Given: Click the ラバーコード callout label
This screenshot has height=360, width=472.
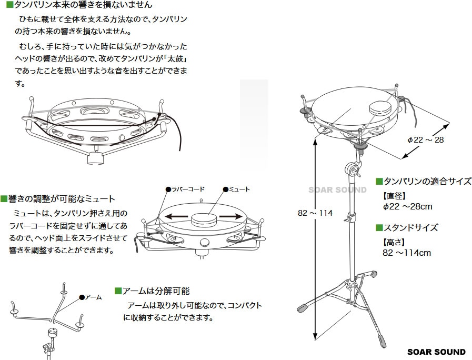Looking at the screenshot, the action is (x=188, y=189).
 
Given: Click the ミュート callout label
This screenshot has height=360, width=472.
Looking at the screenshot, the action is (x=239, y=189).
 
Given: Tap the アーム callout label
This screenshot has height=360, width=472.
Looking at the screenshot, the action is (x=93, y=297).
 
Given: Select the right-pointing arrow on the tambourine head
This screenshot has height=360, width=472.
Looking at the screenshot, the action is (x=231, y=216).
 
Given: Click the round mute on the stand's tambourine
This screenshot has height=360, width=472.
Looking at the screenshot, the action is (x=381, y=108).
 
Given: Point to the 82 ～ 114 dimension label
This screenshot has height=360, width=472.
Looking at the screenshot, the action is (x=315, y=213).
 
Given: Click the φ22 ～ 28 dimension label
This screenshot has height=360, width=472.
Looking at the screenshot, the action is (x=426, y=139).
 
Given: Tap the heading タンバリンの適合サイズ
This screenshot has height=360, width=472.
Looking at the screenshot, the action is (x=427, y=182).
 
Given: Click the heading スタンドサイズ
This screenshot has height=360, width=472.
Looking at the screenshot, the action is (x=410, y=227).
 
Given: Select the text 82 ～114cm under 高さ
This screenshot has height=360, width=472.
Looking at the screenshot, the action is (x=407, y=253).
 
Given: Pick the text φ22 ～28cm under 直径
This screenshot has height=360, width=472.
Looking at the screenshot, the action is (x=408, y=206).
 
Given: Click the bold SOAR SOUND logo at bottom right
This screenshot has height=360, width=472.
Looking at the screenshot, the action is (x=436, y=352).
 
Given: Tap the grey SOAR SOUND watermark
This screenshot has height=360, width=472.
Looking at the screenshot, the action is (x=337, y=190).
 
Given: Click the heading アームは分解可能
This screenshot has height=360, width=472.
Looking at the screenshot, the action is (x=156, y=291).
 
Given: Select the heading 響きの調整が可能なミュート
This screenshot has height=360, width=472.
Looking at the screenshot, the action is (x=62, y=199).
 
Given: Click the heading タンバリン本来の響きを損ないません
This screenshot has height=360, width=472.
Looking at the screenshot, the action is (x=83, y=5).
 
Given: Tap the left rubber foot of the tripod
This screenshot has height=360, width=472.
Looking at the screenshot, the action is (x=303, y=308).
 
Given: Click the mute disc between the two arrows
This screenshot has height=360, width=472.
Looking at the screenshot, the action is (x=204, y=219).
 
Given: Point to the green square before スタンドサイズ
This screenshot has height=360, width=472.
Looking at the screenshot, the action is (x=379, y=227).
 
